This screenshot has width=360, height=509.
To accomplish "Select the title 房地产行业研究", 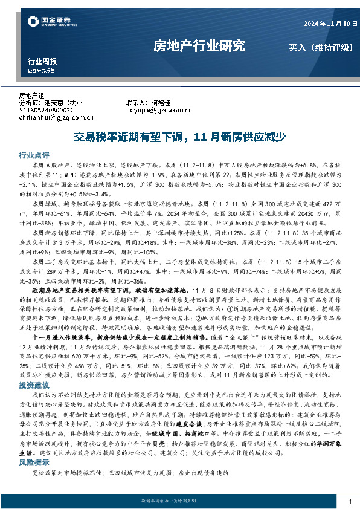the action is (199, 45).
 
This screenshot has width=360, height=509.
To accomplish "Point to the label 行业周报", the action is (42, 62).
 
